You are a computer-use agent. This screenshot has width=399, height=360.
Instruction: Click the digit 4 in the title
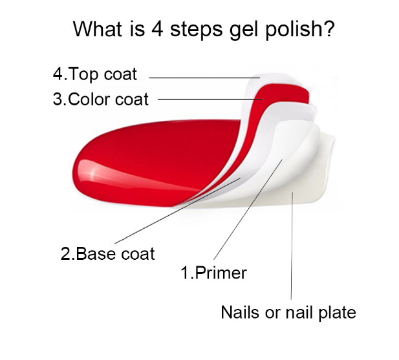pos(157,28)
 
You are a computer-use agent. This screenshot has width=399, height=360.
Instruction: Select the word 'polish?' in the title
pos(299,30)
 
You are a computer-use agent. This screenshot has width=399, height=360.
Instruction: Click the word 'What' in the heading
pos(98,28)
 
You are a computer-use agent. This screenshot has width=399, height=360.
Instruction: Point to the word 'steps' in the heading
pos(196,30)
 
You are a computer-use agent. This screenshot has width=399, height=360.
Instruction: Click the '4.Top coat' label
pos(95,74)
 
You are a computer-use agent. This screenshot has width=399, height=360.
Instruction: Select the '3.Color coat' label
pos(100,99)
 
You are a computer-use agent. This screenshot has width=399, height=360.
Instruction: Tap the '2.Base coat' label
pos(107,253)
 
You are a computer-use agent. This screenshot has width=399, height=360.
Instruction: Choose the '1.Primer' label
pos(213,273)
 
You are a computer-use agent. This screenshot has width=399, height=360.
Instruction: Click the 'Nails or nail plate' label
pos(288,312)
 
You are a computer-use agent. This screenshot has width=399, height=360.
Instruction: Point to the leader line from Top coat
pos(204,78)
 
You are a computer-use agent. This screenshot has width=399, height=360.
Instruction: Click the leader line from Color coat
pos(210,99)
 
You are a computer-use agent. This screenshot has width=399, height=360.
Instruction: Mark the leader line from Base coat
pos(178,211)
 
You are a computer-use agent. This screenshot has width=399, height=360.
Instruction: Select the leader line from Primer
pos(248,209)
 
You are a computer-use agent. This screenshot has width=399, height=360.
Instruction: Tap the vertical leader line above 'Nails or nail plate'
pos(292,246)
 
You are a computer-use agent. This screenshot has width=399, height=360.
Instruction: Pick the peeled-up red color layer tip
pos(285,93)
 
